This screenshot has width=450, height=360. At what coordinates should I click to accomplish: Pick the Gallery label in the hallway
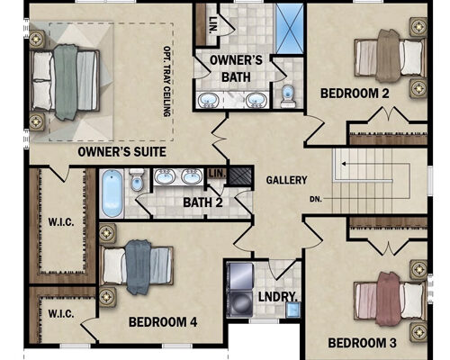(286, 180)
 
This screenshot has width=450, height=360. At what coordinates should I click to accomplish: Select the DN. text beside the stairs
(314, 199)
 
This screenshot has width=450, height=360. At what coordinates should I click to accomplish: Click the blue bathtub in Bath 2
(112, 192)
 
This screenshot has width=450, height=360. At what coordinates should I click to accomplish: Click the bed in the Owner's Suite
(63, 84)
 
